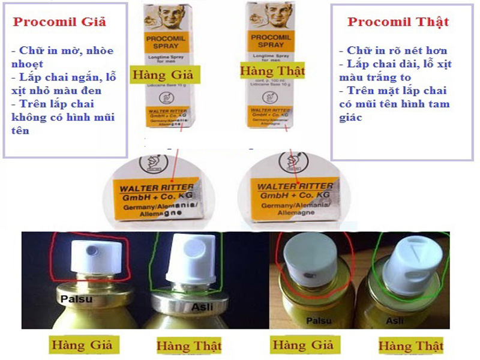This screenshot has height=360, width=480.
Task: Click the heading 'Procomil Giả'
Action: click(x=59, y=22)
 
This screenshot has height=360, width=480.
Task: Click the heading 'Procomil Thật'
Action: click(x=398, y=22)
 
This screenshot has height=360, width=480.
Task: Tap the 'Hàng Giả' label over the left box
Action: click(x=161, y=76)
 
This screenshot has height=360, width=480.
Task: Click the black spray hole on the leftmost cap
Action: click(x=92, y=248)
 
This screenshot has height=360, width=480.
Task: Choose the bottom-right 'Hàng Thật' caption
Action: click(x=411, y=346)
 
